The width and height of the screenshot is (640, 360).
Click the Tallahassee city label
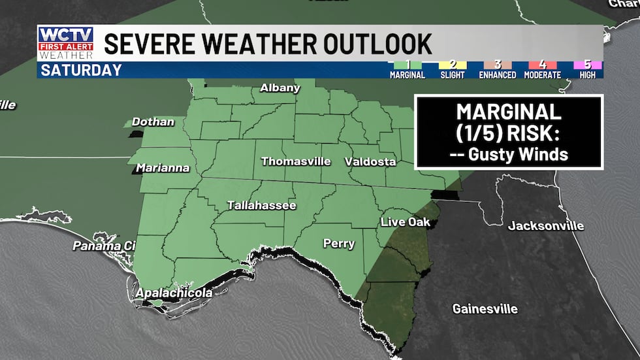[x=261, y=205]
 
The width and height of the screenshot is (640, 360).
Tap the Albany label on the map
[x=280, y=88]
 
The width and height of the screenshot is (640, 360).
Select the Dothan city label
[x=153, y=122]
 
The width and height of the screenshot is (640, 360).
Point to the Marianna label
[x=163, y=168]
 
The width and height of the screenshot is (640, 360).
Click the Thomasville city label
[x=296, y=161]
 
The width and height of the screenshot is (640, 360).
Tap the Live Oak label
[x=405, y=222]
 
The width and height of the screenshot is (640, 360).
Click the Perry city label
[x=339, y=244]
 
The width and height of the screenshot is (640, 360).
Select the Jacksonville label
[x=546, y=226]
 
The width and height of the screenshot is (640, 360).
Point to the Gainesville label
[x=485, y=308]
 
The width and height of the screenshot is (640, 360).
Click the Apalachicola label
[x=173, y=293]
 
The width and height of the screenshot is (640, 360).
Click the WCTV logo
[x=65, y=43]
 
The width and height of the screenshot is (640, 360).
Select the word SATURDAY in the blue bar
[x=81, y=71]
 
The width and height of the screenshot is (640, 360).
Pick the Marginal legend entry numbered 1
[x=407, y=70]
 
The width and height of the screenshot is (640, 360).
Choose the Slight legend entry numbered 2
[x=453, y=70]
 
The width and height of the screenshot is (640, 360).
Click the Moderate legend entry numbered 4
[x=541, y=70]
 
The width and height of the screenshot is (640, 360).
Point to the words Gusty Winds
[x=507, y=155]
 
